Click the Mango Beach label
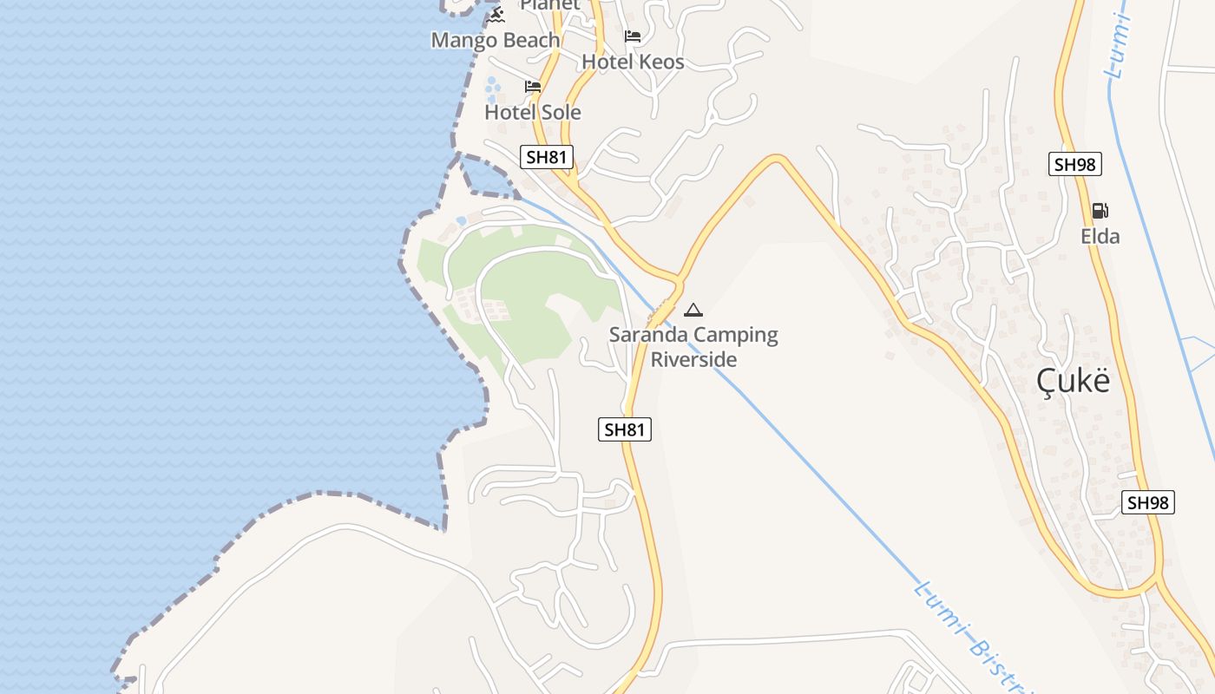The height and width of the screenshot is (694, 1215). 496,41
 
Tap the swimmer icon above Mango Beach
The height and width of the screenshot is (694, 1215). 496,15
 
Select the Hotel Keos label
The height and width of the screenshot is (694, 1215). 633,62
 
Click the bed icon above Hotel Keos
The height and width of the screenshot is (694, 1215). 633,36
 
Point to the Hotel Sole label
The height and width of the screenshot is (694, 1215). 533,113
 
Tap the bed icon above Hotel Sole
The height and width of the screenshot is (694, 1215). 533,87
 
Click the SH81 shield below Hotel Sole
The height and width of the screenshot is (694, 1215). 548,157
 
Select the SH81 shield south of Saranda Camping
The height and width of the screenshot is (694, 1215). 625,429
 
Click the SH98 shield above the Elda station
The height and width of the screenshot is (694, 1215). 1075,164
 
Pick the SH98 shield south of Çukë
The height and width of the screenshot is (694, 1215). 1148,502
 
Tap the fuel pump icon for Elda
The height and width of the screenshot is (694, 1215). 1100,211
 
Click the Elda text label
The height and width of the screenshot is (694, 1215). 1100,236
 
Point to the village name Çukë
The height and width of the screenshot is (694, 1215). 1074,382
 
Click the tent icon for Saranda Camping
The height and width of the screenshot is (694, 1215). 693,310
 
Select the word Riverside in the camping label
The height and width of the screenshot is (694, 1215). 693,360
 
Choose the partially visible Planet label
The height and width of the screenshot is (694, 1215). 549,5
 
